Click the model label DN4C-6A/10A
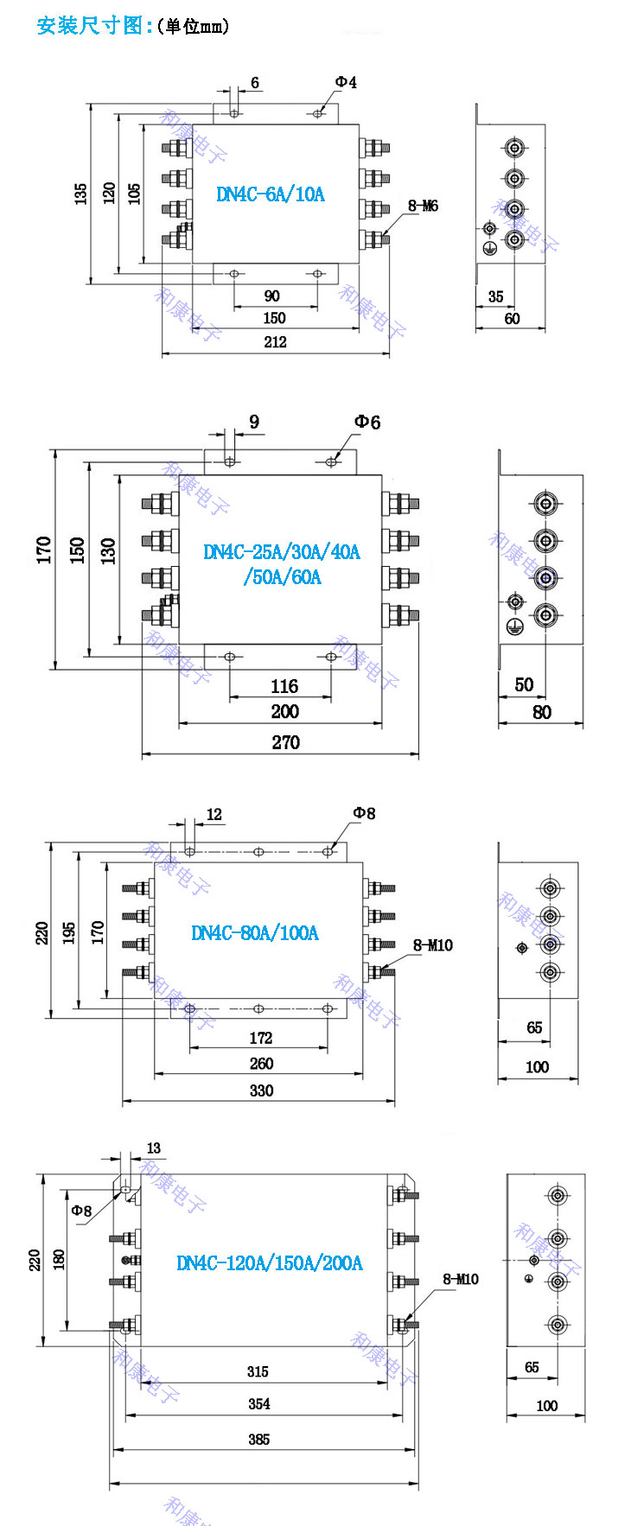point(271,194)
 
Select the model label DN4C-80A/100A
point(254,932)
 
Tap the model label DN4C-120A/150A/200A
point(270,1262)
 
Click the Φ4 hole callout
point(346,82)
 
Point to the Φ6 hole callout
point(366,422)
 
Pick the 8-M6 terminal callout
point(423,206)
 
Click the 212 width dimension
point(275,341)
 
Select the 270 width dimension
point(285,741)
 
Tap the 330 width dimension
point(261,1090)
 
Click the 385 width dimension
point(258,1439)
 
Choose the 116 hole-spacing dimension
point(284,686)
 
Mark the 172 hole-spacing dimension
point(260,1037)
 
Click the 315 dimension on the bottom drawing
point(258,1371)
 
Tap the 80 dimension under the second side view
point(542,712)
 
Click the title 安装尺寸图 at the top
point(90,25)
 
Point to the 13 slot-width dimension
point(153,1148)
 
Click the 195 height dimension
point(69,932)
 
